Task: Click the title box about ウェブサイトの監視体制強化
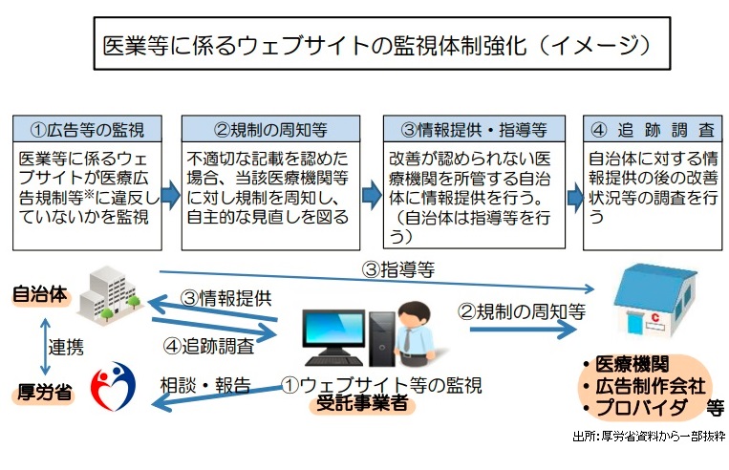tap(376, 43)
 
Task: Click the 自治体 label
tap(39, 294)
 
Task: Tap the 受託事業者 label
tap(362, 404)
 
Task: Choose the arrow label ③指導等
tap(397, 269)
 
